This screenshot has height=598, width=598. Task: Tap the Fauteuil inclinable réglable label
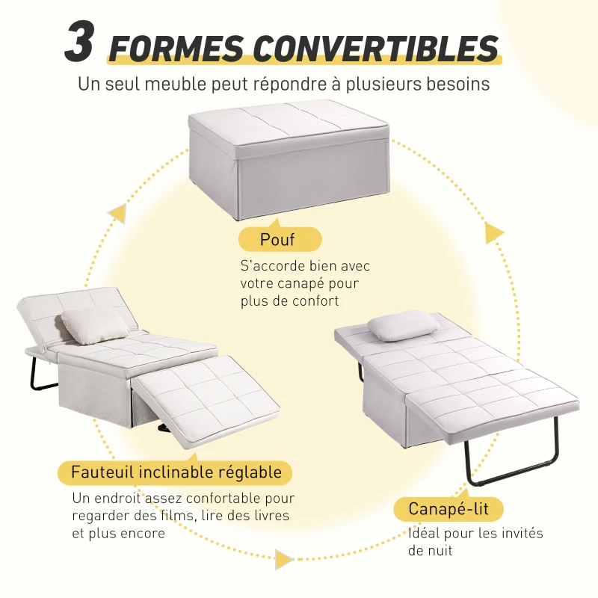click(176, 472)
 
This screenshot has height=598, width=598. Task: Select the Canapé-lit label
click(448, 510)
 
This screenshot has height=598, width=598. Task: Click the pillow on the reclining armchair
click(94, 325)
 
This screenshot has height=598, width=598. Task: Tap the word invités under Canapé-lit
click(516, 534)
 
